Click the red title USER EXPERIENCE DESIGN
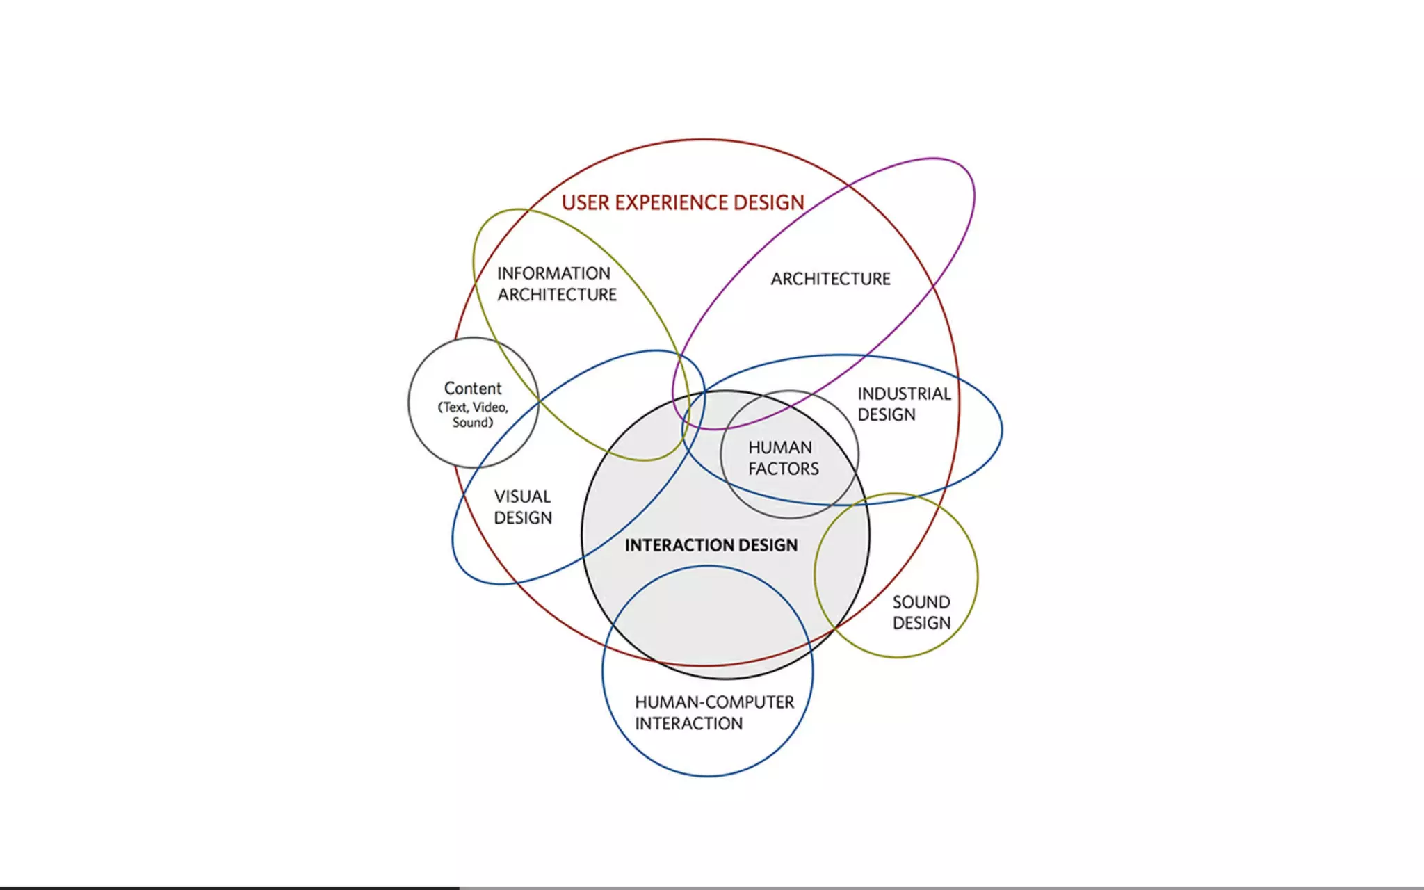683,202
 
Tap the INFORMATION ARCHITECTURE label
556,284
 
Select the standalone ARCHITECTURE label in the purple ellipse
830,279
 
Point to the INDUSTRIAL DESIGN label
903,404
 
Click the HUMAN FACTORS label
783,458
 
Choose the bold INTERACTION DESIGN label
711,545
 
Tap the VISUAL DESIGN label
523,507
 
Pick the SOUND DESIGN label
921,613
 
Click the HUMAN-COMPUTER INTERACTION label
713,713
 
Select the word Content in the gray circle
473,388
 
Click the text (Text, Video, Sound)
473,415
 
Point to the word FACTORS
784,469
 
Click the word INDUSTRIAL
904,394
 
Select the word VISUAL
522,496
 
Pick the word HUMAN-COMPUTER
714,702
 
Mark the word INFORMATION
553,273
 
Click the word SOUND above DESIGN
921,602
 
